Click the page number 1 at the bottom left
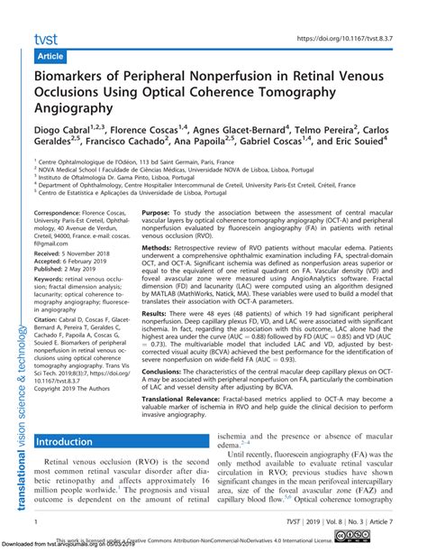click(33, 522)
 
